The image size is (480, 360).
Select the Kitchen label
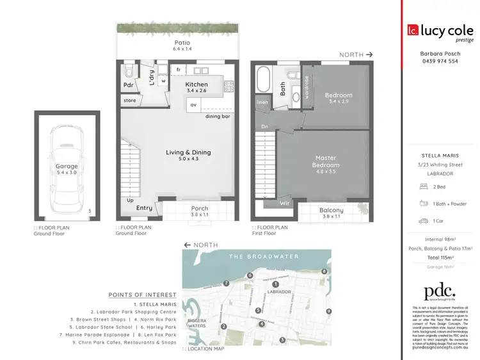[196, 85]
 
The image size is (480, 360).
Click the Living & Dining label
[188, 152]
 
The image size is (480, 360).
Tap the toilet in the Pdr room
[129, 68]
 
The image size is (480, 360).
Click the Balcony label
[332, 210]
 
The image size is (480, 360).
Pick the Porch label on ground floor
[200, 208]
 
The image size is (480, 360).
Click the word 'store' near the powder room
[131, 101]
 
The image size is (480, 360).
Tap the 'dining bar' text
[218, 116]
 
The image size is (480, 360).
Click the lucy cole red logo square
[413, 29]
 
